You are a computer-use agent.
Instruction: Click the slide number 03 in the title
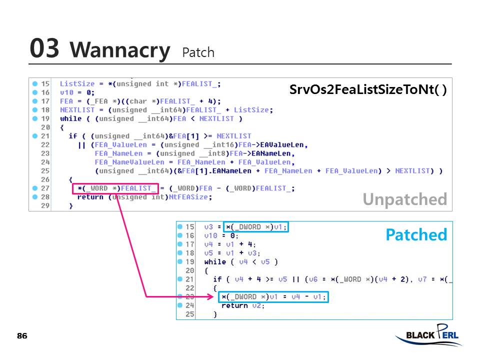pyautogui.click(x=44, y=48)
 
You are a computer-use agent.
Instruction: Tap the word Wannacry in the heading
pyautogui.click(x=120, y=50)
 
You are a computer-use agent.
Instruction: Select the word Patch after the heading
pyautogui.click(x=198, y=52)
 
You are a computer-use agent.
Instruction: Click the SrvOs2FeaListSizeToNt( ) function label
pyautogui.click(x=368, y=90)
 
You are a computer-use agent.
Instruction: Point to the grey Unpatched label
pyautogui.click(x=404, y=199)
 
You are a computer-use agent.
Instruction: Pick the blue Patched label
pyautogui.click(x=416, y=234)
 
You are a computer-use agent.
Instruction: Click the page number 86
pyautogui.click(x=22, y=335)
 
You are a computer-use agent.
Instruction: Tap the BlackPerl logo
pyautogui.click(x=428, y=335)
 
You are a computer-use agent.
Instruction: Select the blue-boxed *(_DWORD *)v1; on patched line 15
pyautogui.click(x=256, y=227)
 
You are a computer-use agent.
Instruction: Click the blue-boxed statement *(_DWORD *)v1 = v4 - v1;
pyautogui.click(x=273, y=297)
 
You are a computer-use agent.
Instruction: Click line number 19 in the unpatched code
pyautogui.click(x=45, y=119)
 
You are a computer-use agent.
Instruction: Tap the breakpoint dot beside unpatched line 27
pyautogui.click(x=35, y=188)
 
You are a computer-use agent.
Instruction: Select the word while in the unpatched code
pyautogui.click(x=70, y=119)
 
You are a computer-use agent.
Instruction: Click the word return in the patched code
pyautogui.click(x=234, y=305)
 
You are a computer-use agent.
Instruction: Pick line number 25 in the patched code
pyautogui.click(x=190, y=314)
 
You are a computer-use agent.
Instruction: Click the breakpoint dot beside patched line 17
pyautogui.click(x=180, y=244)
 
